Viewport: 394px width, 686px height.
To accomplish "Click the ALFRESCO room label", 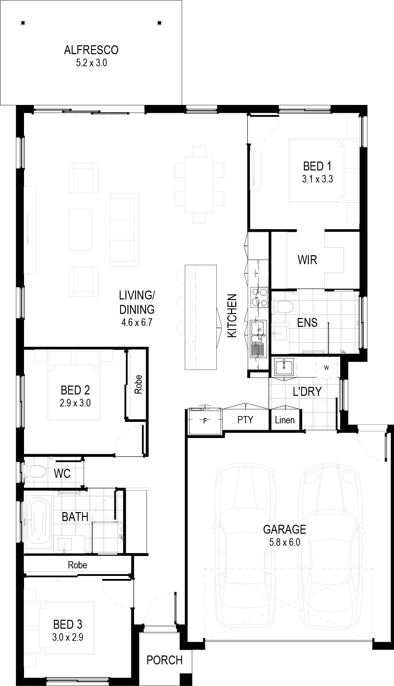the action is (91, 50).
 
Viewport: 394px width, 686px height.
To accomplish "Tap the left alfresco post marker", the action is (23, 23).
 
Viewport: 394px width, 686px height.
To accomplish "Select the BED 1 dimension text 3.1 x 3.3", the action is (317, 179).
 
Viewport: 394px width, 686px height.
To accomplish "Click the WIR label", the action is (307, 260).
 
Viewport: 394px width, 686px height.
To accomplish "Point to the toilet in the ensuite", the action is (282, 307).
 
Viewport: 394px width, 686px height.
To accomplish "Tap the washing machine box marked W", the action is (326, 368).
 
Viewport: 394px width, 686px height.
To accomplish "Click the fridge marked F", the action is (205, 421).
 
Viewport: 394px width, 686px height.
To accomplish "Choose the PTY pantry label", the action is (245, 419).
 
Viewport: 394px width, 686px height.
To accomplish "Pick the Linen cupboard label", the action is (285, 420).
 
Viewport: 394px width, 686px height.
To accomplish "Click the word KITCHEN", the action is (232, 316).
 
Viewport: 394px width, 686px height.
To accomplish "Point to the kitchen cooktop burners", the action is (259, 297).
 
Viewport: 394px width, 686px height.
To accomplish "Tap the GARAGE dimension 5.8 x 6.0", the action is (285, 542).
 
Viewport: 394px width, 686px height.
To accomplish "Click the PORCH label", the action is (165, 660).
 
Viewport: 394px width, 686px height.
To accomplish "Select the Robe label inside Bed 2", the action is (138, 384).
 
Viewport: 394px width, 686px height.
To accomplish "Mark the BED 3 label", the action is (68, 624).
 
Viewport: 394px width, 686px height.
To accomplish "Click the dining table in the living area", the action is (199, 185).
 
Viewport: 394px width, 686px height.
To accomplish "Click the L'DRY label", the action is (307, 391).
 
